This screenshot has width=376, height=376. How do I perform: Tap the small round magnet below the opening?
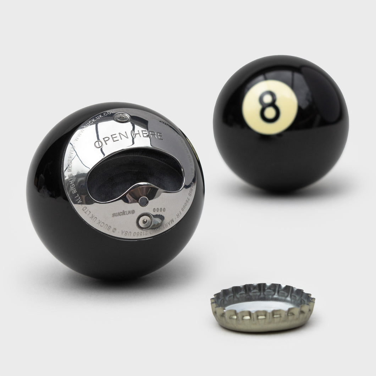coord(143,201)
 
